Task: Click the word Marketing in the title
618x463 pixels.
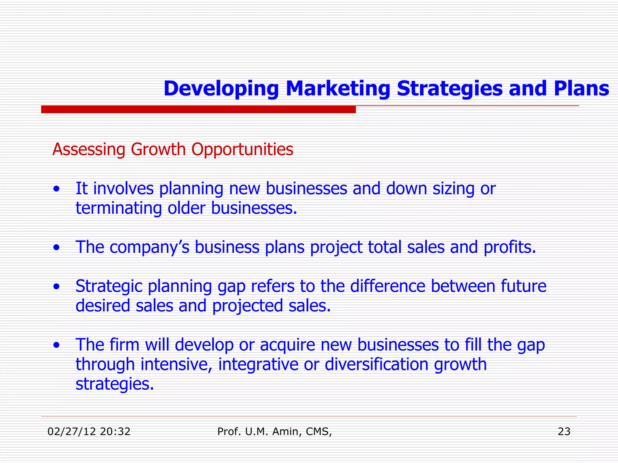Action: [x=338, y=89]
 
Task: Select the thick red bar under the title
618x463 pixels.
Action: [x=198, y=109]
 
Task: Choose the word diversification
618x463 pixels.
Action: [x=377, y=364]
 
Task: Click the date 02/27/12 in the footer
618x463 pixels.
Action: [x=71, y=432]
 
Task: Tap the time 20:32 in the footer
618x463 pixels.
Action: [x=115, y=432]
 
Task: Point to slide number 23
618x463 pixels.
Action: [x=564, y=432]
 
